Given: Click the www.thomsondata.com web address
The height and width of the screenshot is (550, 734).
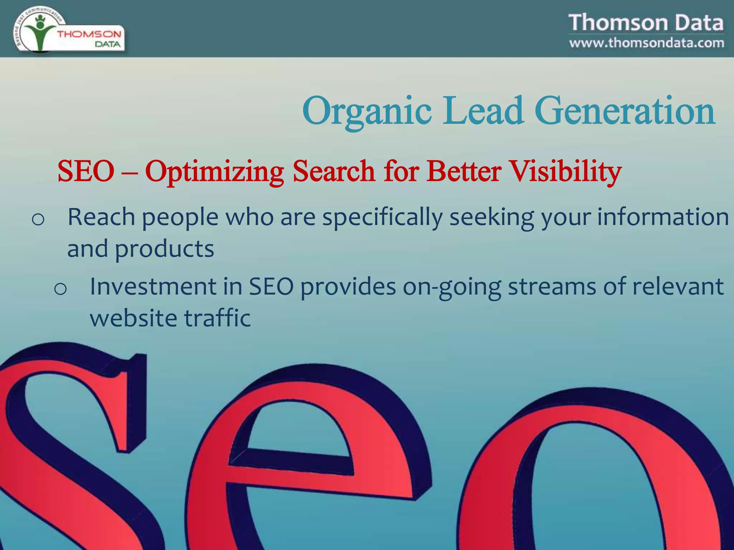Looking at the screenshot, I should (646, 43).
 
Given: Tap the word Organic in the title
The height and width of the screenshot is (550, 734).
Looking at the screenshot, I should (366, 112).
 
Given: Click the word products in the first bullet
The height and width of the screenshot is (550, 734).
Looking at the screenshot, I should (164, 249).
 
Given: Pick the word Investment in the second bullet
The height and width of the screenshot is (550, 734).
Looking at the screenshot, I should (153, 286).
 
